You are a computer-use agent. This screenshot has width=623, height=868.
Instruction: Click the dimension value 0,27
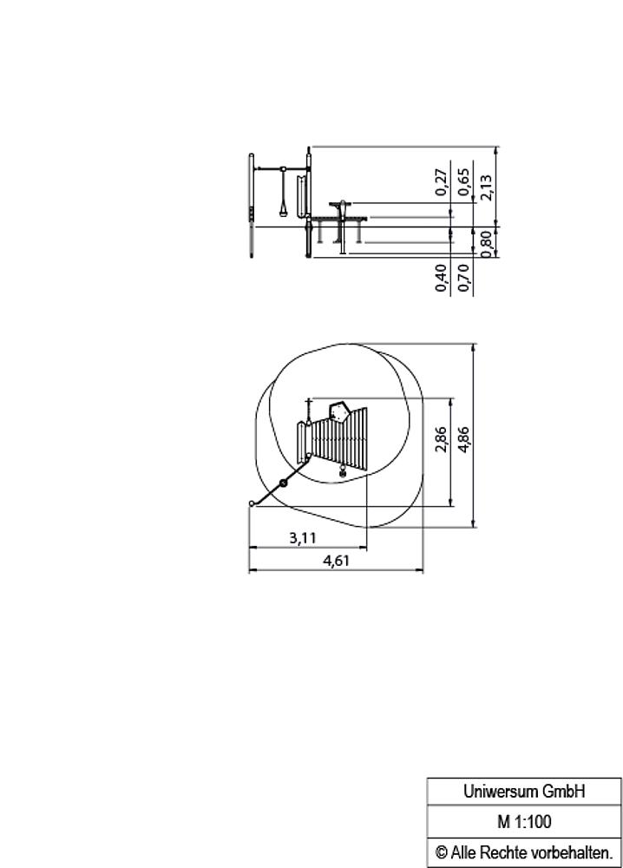(441, 182)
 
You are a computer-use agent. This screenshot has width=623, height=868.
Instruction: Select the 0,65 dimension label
(463, 182)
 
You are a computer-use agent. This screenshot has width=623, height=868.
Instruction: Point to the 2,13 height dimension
(486, 187)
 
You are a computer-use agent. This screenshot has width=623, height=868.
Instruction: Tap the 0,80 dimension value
(486, 244)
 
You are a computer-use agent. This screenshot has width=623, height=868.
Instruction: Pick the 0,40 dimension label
(441, 278)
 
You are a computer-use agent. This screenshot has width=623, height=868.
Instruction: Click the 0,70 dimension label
(463, 278)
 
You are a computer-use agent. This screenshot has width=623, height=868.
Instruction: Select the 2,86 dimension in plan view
(441, 439)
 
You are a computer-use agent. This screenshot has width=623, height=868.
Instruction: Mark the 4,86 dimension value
(463, 439)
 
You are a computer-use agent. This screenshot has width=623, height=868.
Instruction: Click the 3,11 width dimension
(303, 537)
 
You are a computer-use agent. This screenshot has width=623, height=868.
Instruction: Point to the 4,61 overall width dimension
(337, 560)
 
